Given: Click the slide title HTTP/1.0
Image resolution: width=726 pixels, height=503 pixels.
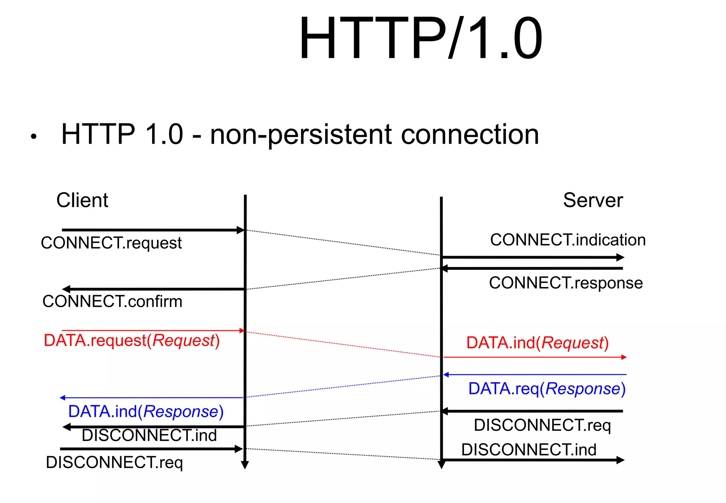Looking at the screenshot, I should [420, 38].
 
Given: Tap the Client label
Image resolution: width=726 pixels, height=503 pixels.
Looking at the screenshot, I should [82, 200].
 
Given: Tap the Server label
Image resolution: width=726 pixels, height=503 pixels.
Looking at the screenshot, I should [593, 200].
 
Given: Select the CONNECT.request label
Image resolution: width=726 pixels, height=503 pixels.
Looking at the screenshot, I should [111, 243].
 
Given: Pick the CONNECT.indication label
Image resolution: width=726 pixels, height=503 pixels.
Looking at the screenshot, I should [568, 240].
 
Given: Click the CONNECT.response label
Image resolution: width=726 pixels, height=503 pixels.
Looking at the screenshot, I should [566, 283].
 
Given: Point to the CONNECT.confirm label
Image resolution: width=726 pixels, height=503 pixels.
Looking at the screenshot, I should [112, 302].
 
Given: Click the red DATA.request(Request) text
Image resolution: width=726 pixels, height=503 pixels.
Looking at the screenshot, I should [132, 341].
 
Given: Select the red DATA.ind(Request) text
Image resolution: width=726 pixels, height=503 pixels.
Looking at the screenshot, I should [537, 343].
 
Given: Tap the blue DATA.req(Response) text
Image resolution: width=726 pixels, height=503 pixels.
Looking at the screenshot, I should [547, 389].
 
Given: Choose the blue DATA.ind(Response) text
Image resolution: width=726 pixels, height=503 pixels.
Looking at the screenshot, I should [146, 412].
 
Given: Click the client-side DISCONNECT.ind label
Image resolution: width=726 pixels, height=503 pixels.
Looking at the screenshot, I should [149, 436].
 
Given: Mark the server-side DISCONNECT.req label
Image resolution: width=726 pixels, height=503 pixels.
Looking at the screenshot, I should [542, 425].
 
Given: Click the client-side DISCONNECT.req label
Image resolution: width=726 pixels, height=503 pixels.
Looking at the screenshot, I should [114, 463].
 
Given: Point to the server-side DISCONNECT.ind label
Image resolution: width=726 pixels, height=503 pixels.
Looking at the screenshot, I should [529, 450].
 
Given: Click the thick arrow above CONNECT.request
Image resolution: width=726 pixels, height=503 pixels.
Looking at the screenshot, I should [152, 230].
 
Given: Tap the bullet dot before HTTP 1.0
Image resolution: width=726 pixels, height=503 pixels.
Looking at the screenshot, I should [34, 137].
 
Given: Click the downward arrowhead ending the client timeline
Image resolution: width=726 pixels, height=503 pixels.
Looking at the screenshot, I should [245, 465].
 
